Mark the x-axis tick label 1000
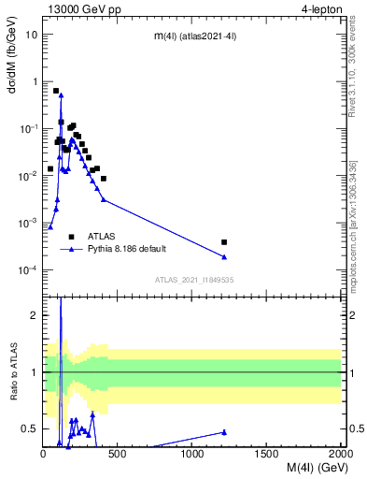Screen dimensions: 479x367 click(x=192, y=454)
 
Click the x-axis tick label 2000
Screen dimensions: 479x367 click(x=341, y=454)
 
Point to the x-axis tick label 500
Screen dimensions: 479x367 click(x=118, y=454)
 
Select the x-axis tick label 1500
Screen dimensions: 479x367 click(x=267, y=454)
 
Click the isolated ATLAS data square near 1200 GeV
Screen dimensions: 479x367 click(x=224, y=242)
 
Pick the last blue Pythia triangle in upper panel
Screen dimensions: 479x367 click(x=224, y=257)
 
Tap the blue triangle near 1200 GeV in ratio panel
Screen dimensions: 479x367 click(x=224, y=431)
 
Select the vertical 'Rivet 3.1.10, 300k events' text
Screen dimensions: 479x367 click(x=352, y=85)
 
